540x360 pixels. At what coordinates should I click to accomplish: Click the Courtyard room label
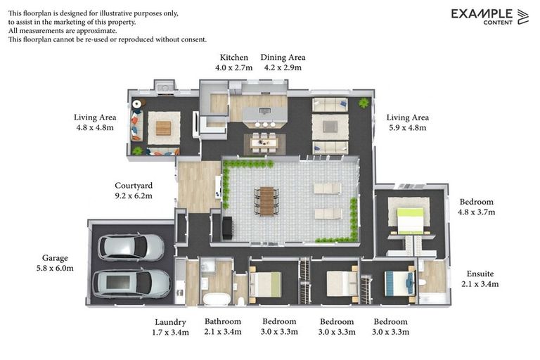click(134, 186)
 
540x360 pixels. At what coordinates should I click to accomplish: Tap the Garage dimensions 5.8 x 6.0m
click(55, 269)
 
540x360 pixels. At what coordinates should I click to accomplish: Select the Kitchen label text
click(234, 58)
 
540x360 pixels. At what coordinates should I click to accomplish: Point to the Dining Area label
click(283, 58)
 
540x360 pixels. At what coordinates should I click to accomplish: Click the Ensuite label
click(480, 274)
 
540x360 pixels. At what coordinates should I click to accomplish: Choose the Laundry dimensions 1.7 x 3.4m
click(170, 333)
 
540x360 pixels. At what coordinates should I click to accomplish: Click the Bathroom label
click(223, 321)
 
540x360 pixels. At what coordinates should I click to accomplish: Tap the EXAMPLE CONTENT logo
click(489, 17)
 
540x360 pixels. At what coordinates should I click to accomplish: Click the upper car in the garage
click(131, 247)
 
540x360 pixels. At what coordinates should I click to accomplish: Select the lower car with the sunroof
click(132, 283)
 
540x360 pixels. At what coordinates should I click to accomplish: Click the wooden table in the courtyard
click(266, 201)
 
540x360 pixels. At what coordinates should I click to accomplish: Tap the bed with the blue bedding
click(400, 283)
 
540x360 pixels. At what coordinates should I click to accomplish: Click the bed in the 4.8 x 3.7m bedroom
click(410, 220)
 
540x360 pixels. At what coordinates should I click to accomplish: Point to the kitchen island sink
click(264, 111)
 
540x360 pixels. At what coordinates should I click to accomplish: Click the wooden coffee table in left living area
click(164, 128)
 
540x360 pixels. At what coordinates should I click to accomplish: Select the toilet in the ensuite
click(422, 283)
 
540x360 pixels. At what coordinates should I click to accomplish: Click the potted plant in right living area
click(364, 103)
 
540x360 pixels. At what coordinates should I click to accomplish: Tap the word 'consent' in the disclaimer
click(193, 39)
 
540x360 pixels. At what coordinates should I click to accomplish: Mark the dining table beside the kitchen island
click(264, 142)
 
